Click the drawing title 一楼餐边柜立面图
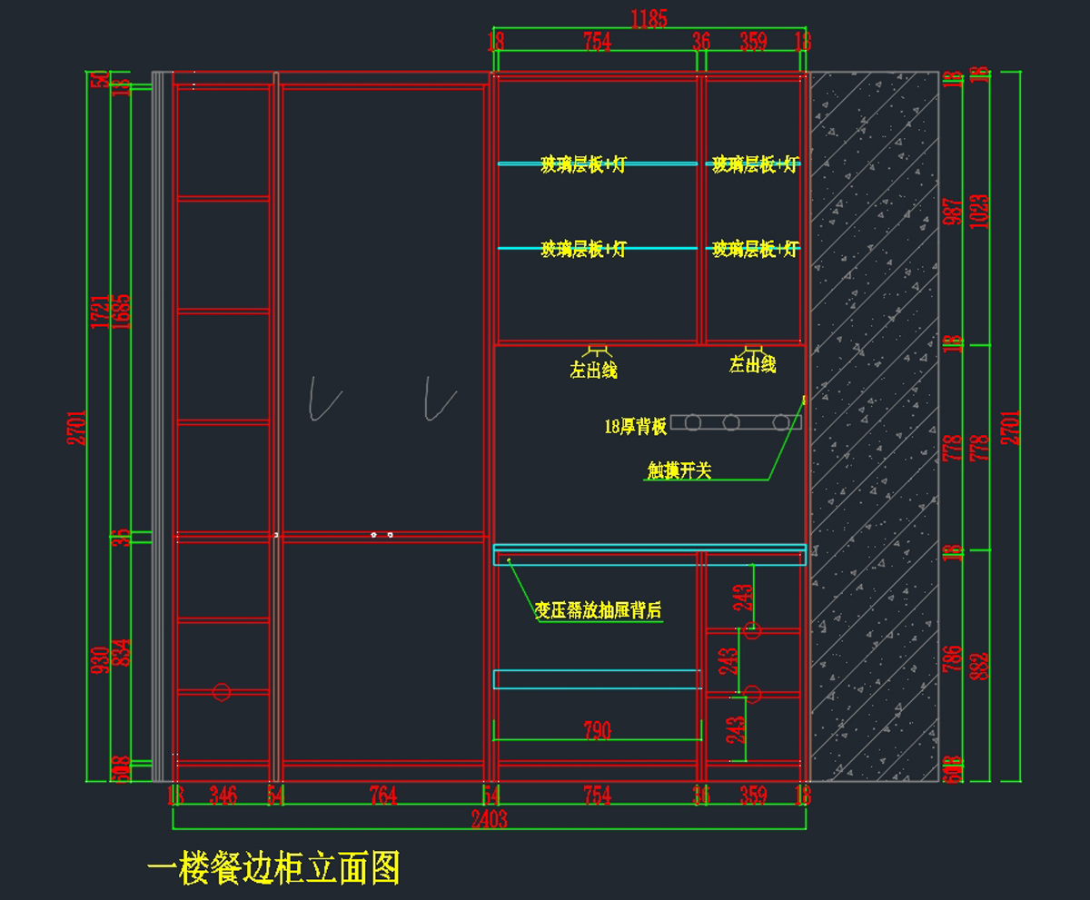click(x=273, y=869)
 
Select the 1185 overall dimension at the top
click(x=649, y=17)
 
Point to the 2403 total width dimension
click(x=489, y=819)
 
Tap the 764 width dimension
click(x=383, y=796)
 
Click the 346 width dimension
click(x=223, y=796)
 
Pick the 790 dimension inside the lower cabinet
click(x=597, y=730)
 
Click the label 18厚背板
click(x=636, y=426)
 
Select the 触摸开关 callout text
click(x=679, y=470)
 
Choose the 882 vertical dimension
click(x=979, y=665)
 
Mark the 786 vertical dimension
click(x=953, y=665)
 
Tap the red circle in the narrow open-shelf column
click(x=221, y=692)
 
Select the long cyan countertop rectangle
click(x=649, y=555)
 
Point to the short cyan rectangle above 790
click(x=597, y=679)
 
